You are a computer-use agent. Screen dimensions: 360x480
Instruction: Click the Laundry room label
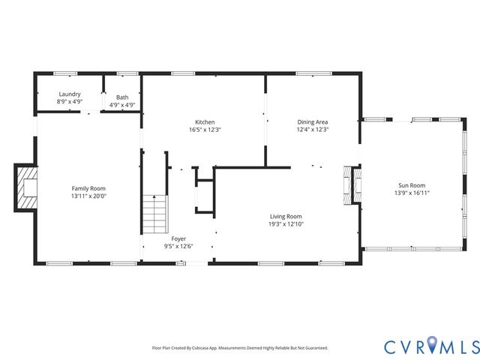pyautogui.click(x=70, y=95)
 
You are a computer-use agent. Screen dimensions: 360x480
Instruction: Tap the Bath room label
pyautogui.click(x=122, y=97)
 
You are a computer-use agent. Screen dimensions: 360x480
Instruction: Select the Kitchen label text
pyautogui.click(x=205, y=121)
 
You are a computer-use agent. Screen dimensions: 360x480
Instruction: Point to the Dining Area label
pyautogui.click(x=313, y=121)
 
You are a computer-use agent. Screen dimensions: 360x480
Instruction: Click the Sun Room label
pyautogui.click(x=412, y=184)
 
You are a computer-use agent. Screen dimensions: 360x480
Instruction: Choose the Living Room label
pyautogui.click(x=285, y=216)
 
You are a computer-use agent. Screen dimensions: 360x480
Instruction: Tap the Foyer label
pyautogui.click(x=178, y=238)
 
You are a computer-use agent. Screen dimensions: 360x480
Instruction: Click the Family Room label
pyautogui.click(x=88, y=188)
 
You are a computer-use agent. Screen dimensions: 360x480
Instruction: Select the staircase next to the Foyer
pyautogui.click(x=154, y=213)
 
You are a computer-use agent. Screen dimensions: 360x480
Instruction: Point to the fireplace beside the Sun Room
pyautogui.click(x=350, y=184)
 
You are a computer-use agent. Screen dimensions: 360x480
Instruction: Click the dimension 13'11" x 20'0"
pyautogui.click(x=88, y=196)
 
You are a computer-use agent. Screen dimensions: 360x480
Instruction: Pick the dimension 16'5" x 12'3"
pyautogui.click(x=205, y=130)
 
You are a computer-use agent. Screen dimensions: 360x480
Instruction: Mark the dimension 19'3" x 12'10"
pyautogui.click(x=285, y=224)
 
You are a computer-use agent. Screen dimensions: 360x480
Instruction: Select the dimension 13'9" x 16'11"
pyautogui.click(x=412, y=193)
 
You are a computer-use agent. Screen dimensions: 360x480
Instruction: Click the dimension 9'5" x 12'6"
pyautogui.click(x=178, y=247)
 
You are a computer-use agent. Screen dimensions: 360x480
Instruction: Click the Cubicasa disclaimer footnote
pyautogui.click(x=239, y=348)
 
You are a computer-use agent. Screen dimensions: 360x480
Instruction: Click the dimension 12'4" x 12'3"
pyautogui.click(x=313, y=130)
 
